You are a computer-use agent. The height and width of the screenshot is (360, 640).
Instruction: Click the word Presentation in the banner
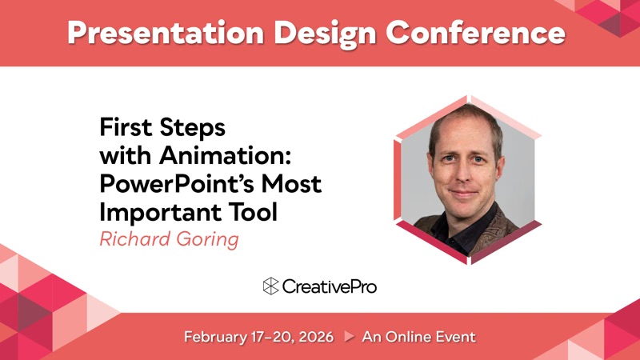point(166,33)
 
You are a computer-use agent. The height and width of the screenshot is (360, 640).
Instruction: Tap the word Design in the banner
point(325,34)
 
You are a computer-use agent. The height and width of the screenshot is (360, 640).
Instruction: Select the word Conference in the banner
point(475,32)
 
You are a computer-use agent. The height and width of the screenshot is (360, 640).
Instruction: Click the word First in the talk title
point(126,127)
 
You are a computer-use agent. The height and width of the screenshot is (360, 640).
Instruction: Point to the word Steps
point(192,128)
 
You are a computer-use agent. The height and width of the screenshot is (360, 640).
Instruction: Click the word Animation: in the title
point(225,155)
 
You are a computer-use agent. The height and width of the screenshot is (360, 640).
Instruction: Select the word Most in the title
point(291,183)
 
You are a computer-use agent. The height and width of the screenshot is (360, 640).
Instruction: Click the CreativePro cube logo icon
point(270,286)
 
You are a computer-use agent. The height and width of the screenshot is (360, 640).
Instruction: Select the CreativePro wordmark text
point(330,286)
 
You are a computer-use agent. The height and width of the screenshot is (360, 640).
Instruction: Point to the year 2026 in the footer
point(316,337)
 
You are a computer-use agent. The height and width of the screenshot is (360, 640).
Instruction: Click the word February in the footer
point(215,337)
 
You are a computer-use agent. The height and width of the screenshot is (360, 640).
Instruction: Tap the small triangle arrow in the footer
point(349,336)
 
